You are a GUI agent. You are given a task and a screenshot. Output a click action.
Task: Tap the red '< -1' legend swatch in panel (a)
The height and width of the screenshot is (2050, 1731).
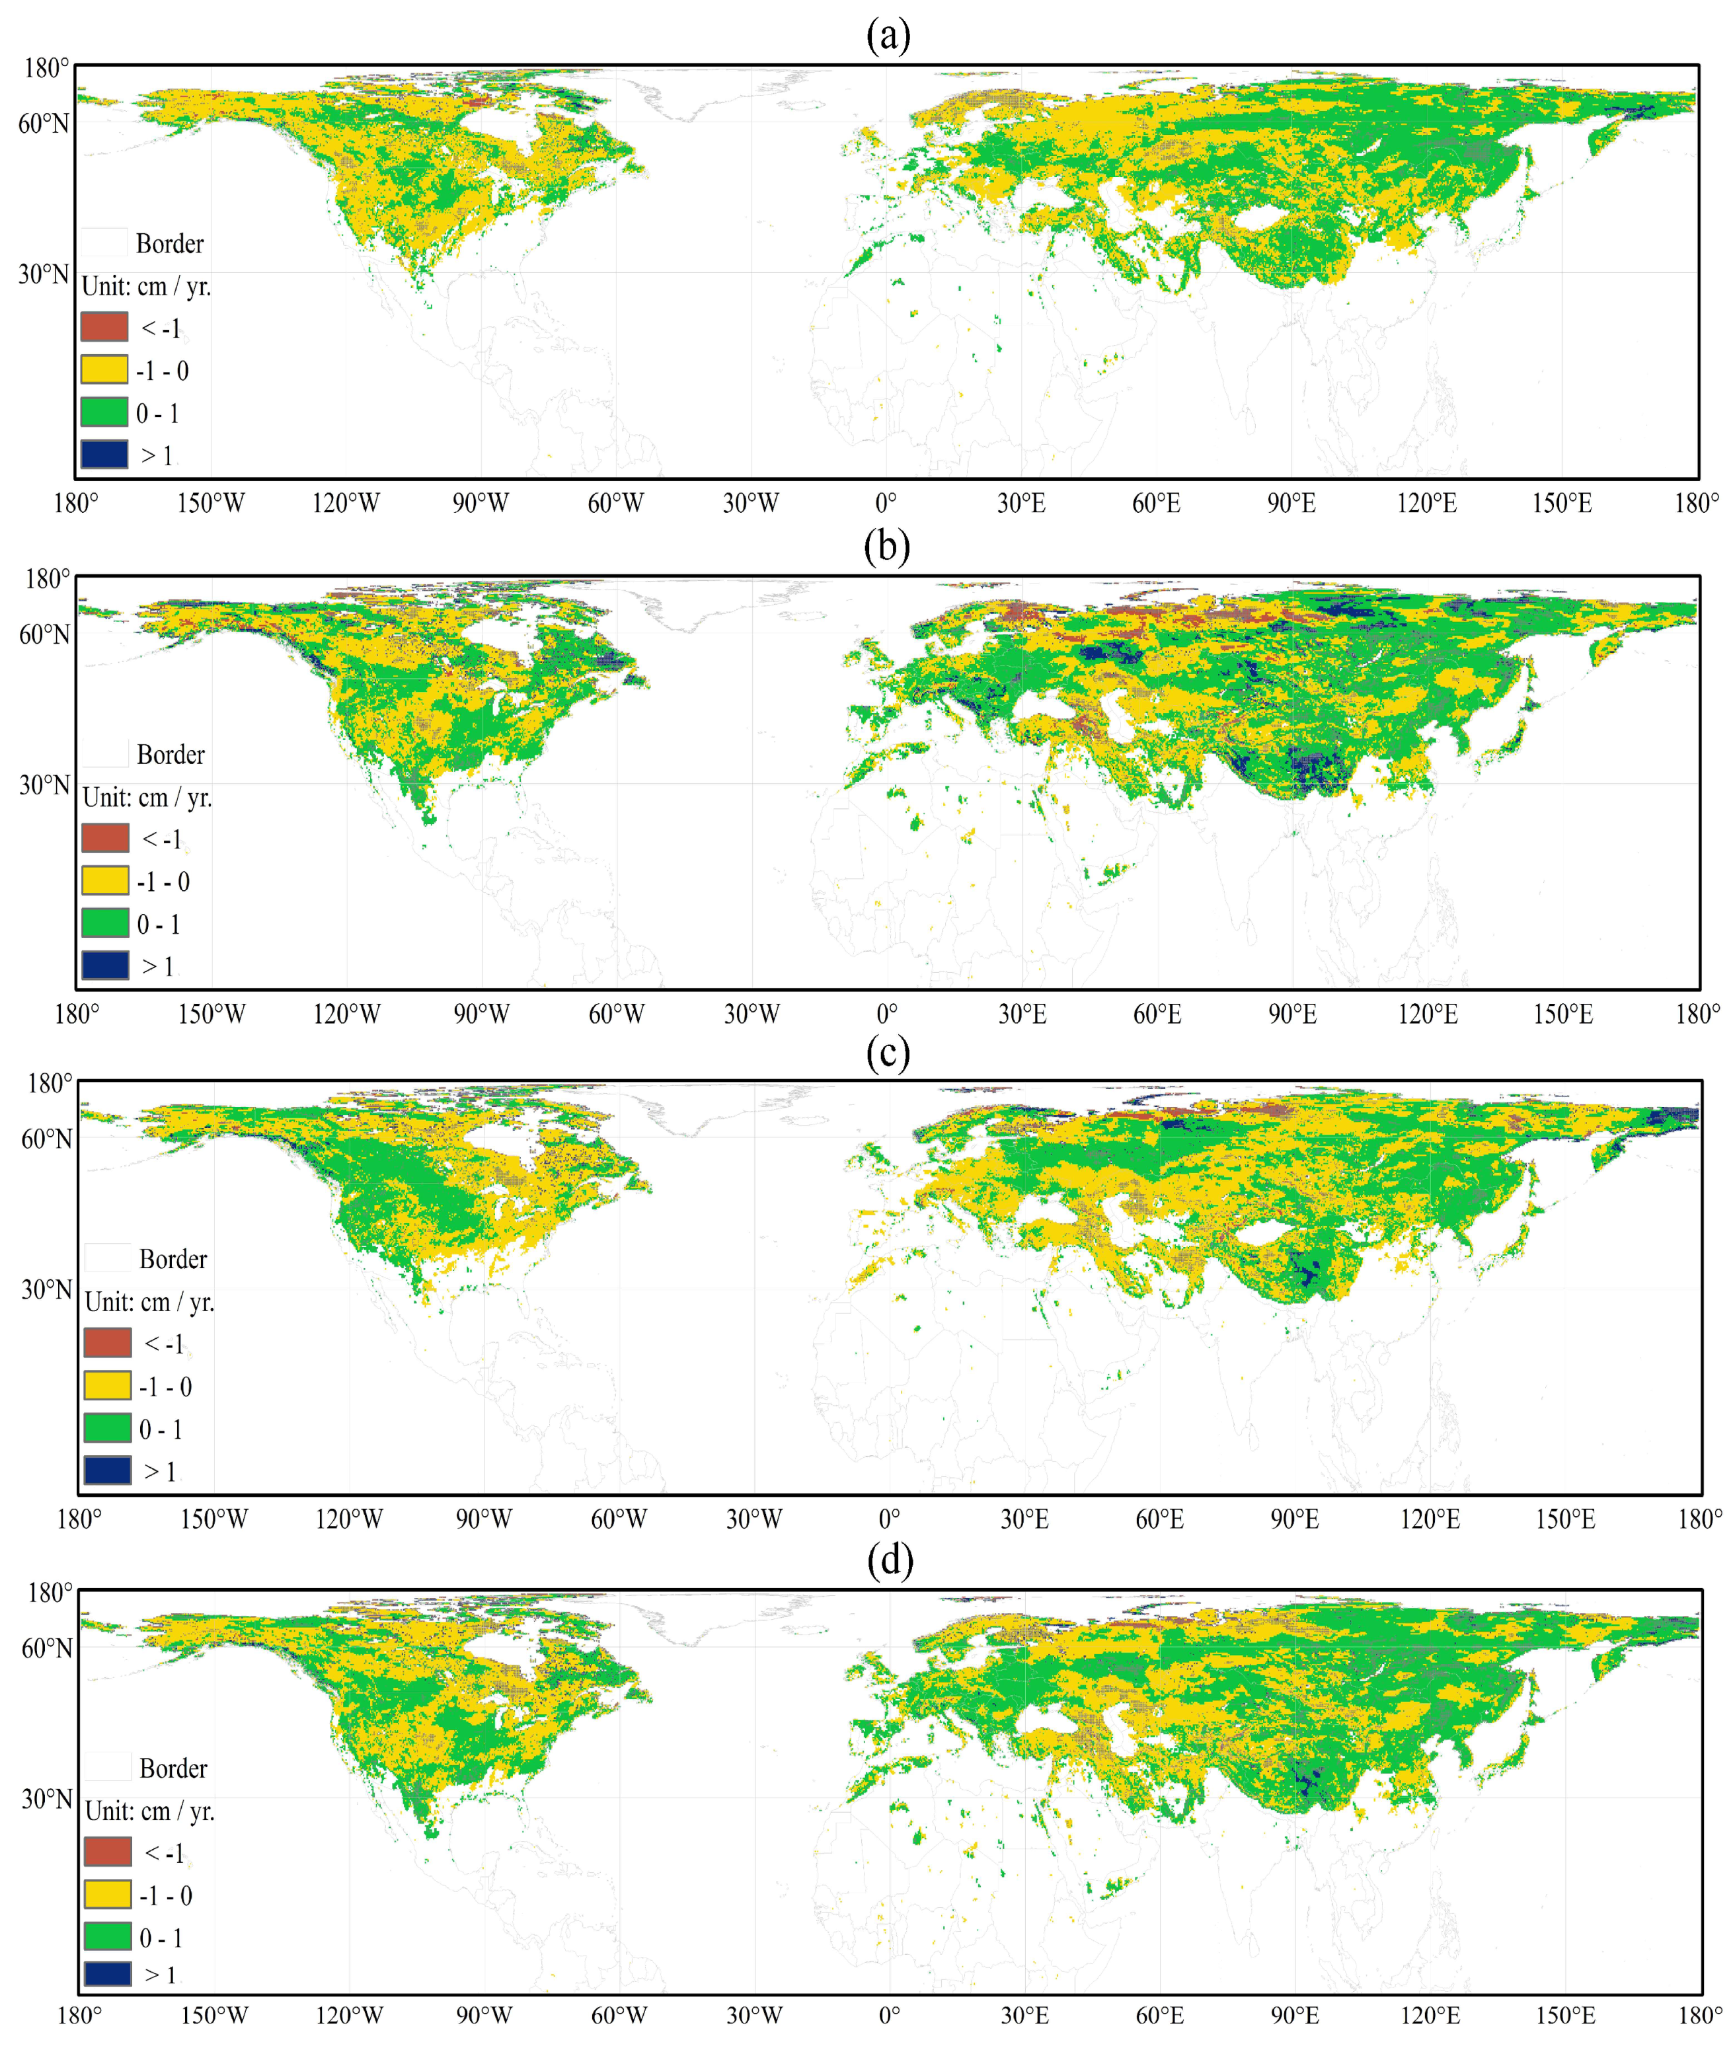click(x=104, y=326)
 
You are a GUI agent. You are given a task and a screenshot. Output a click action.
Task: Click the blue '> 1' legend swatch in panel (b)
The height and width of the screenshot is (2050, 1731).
click(x=105, y=966)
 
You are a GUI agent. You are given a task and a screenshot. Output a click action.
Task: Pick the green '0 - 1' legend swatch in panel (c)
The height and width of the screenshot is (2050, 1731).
click(x=107, y=1428)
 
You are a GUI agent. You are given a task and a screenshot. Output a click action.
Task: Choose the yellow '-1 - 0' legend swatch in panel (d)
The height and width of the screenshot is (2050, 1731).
click(x=107, y=1894)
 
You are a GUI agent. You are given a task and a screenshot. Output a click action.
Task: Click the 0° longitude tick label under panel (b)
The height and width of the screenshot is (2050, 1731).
click(x=886, y=1014)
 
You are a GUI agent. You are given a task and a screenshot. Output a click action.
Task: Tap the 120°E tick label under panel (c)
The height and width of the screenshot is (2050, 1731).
click(x=1430, y=1519)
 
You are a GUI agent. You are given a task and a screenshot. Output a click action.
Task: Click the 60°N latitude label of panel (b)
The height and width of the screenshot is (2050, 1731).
click(x=45, y=634)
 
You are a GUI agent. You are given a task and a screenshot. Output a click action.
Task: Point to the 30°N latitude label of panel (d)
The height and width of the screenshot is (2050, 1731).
click(x=47, y=1799)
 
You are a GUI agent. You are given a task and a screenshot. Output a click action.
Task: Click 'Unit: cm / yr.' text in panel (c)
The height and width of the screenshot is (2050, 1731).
click(x=149, y=1302)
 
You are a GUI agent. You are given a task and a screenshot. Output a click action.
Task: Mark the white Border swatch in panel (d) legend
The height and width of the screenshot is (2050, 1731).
click(x=107, y=1767)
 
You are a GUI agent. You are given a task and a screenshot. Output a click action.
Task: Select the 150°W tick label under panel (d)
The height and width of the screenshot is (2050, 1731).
click(x=214, y=2016)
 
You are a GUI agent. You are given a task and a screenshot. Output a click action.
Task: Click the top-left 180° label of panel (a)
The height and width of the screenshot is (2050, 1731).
click(x=46, y=69)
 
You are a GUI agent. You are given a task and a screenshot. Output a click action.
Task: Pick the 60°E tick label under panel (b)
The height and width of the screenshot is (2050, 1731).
click(x=1157, y=1014)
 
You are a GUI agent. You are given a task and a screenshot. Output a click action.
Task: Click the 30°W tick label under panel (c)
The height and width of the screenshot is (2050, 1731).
click(x=753, y=1519)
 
